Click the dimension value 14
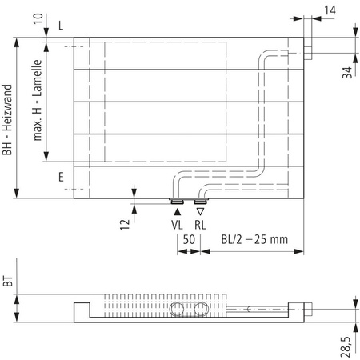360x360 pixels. point(331,10)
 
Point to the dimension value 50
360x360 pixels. point(189,239)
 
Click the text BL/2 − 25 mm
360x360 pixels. point(254,239)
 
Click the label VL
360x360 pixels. point(178,226)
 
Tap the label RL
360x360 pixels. point(200,226)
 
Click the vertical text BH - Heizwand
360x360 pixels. point(8,120)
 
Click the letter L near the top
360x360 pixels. point(61,26)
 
